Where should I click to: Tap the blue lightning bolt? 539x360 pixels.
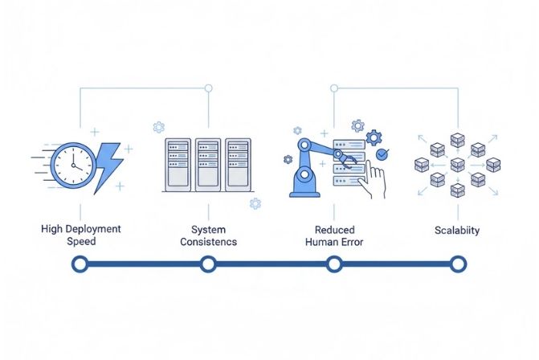click(108, 167)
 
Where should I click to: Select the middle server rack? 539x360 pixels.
click(208, 165)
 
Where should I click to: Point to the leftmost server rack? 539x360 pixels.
click(178, 165)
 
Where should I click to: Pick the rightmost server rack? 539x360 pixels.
click(238, 165)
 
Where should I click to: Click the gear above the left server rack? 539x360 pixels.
click(158, 127)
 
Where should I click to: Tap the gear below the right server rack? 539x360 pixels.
click(255, 204)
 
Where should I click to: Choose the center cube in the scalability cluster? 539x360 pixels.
click(458, 165)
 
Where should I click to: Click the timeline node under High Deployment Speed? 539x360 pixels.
click(80, 263)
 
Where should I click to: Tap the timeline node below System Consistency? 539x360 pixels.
click(208, 263)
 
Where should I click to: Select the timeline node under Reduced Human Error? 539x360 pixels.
click(333, 263)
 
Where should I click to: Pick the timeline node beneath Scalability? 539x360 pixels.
click(458, 263)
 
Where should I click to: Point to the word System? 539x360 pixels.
click(208, 229)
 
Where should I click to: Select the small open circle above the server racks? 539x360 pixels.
click(209, 88)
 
